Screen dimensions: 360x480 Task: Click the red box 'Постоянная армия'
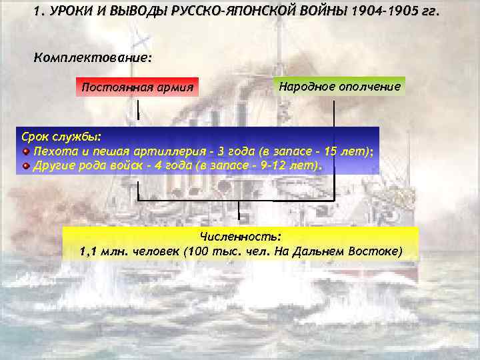(137, 87)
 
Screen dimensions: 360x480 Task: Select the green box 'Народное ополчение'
(340, 87)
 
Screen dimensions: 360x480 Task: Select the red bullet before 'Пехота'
(26, 151)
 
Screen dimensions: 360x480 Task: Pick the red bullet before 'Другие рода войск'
(26, 165)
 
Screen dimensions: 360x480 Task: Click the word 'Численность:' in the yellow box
(241, 237)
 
